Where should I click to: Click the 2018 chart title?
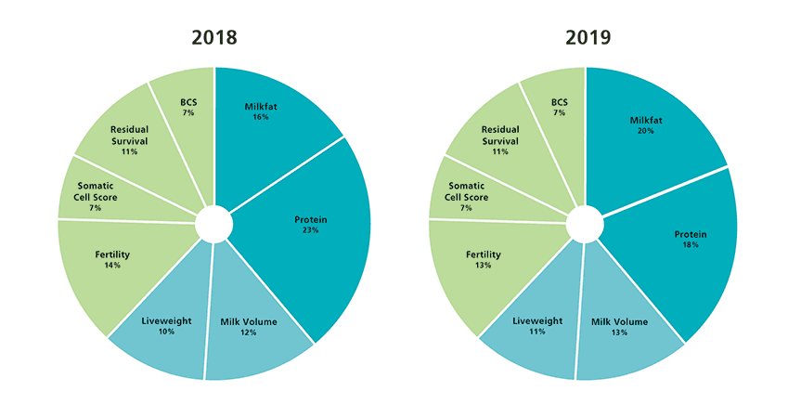214,38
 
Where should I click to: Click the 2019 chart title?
586,38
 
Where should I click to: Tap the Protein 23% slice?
311,223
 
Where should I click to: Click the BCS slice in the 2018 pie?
188,104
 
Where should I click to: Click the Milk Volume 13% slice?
619,325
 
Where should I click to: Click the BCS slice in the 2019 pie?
559,104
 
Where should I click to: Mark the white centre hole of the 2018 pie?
213,224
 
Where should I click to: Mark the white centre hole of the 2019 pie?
585,224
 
